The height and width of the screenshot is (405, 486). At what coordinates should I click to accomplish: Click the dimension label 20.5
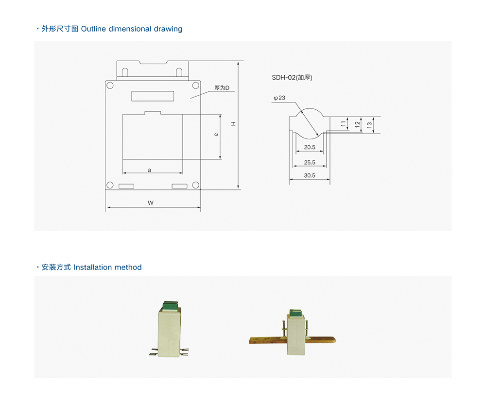(x=309, y=147)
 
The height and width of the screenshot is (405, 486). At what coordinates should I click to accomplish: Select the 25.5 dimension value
(x=309, y=162)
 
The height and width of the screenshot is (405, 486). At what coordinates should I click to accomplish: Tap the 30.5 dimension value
(x=309, y=175)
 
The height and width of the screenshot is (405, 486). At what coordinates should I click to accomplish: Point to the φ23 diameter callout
(x=279, y=98)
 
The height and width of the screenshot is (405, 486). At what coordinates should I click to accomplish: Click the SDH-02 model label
(x=292, y=77)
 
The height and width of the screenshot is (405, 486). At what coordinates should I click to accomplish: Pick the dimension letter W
(x=151, y=203)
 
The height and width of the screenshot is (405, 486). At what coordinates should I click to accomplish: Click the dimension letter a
(x=149, y=170)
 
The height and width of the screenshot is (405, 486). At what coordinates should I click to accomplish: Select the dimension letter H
(x=233, y=124)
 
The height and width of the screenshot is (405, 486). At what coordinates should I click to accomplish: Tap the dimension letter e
(x=216, y=135)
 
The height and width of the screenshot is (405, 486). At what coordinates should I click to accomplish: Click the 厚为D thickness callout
(x=222, y=88)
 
